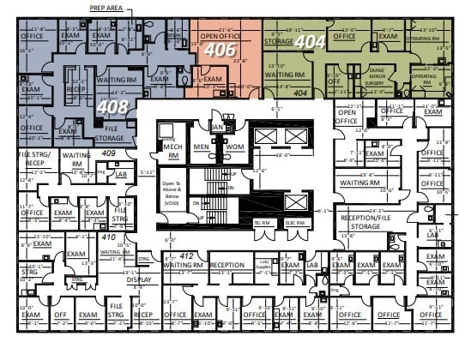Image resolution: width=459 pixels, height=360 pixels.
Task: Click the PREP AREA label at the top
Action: pos(106,8)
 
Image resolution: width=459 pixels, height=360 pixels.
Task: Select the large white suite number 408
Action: pos(110,108)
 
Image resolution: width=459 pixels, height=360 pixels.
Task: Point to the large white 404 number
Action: pos(310,40)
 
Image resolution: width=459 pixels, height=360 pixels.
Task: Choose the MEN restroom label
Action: pos(202,147)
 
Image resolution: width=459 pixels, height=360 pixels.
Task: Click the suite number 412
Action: pos(186,255)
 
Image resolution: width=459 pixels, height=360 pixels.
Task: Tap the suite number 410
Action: pos(108,237)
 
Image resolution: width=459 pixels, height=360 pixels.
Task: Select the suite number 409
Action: pos(108,153)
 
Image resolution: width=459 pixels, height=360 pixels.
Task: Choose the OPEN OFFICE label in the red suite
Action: pos(220,37)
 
